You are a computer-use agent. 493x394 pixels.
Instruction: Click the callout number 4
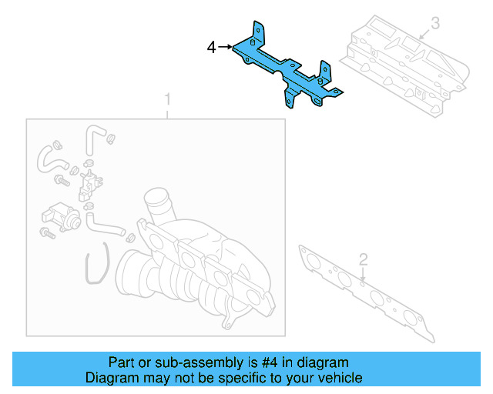click(x=212, y=48)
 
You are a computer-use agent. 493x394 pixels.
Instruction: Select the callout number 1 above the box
click(x=166, y=100)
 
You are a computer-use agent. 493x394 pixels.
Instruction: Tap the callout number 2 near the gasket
click(x=364, y=259)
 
